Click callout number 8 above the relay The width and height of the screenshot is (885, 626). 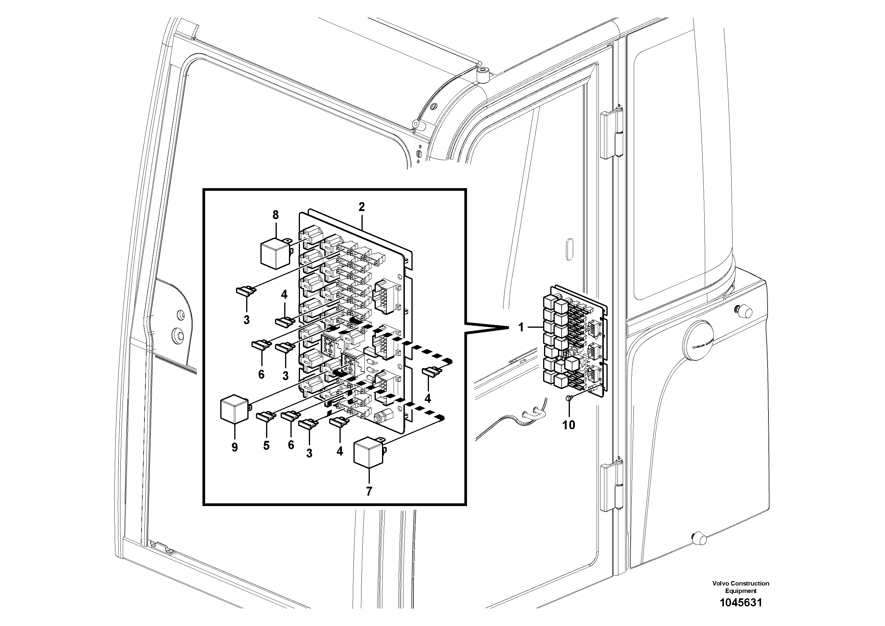pyautogui.click(x=275, y=215)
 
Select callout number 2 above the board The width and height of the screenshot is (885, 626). pyautogui.click(x=361, y=207)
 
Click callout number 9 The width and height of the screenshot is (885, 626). pyautogui.click(x=234, y=447)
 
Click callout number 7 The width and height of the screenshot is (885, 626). pyautogui.click(x=369, y=491)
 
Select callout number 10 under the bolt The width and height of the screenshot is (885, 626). pyautogui.click(x=568, y=425)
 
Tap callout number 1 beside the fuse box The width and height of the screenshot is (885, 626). pyautogui.click(x=521, y=328)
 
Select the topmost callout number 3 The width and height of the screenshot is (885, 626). pyautogui.click(x=246, y=320)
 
